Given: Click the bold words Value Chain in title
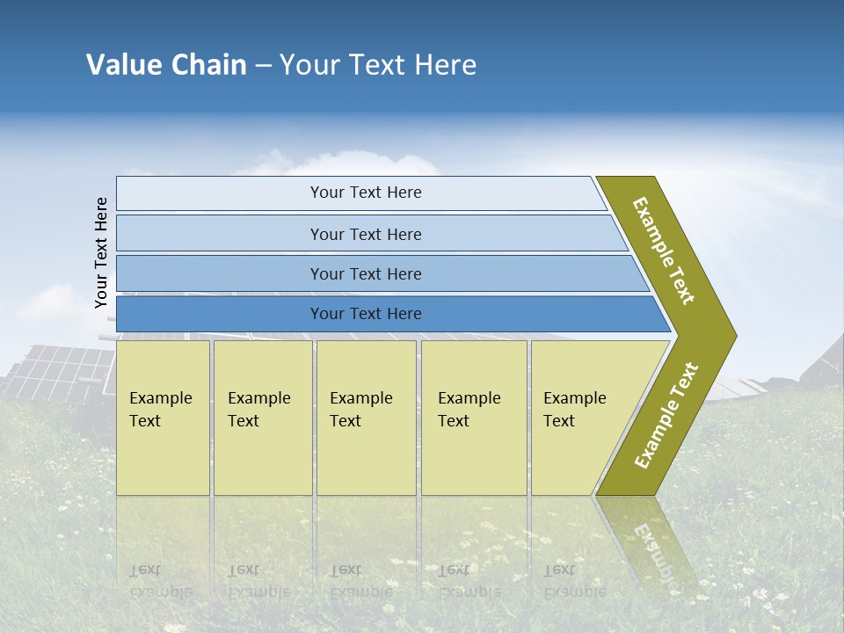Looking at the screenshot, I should pos(166,65).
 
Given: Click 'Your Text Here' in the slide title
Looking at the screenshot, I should pos(378,65).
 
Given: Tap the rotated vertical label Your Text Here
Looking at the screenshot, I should pos(102,252).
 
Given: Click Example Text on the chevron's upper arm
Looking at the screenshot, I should pos(664,251).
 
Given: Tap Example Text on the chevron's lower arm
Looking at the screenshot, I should pos(666,416).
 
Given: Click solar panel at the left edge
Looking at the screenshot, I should pos(53,369).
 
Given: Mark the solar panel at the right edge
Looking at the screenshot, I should pos(822,360).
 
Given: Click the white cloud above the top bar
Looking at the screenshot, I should pos(352,164).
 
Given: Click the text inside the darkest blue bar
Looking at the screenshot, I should pos(366,314).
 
